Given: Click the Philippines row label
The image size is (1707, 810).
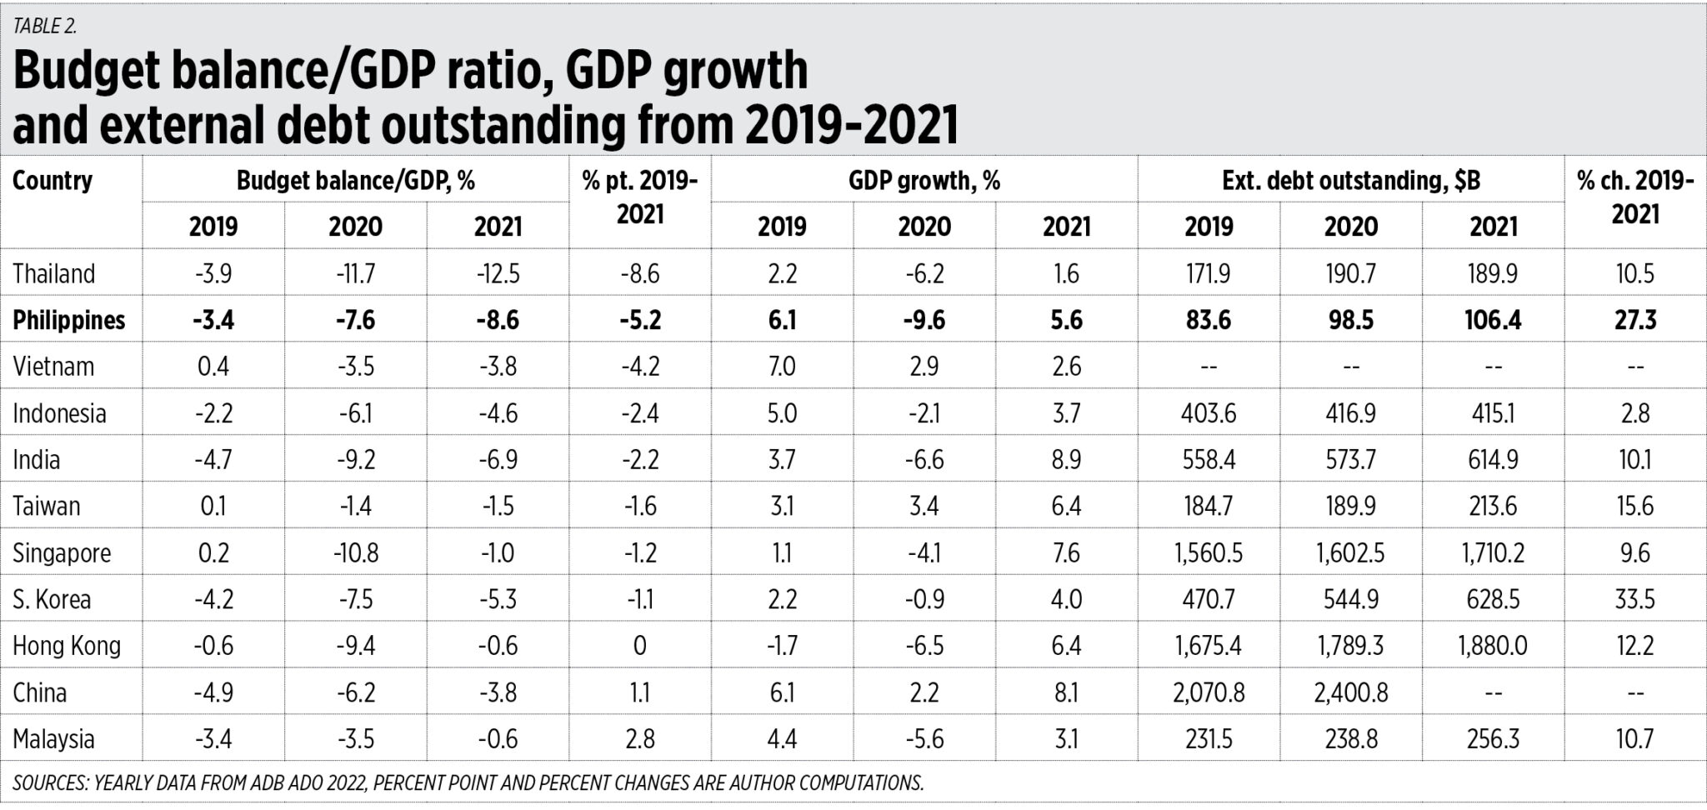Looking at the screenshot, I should click(x=68, y=321).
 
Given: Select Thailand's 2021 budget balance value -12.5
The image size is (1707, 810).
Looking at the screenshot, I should click(x=498, y=274).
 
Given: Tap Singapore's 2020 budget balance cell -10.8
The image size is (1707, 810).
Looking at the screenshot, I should click(x=355, y=553).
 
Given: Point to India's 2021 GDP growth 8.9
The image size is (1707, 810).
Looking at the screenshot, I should click(x=1066, y=460).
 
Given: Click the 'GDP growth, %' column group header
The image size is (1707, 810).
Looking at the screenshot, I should click(x=924, y=181).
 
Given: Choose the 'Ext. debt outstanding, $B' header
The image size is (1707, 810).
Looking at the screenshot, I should click(x=1350, y=181).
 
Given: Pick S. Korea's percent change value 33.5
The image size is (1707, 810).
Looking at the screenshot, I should click(x=1634, y=600).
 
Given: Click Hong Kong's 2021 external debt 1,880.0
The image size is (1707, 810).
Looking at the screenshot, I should click(x=1493, y=647).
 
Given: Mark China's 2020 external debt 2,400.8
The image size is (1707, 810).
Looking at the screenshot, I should click(x=1350, y=693).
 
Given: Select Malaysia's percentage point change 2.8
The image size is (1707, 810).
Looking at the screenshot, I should click(x=639, y=740).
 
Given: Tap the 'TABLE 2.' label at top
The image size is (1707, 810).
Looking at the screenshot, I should click(x=44, y=26).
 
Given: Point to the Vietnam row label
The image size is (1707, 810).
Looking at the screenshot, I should click(x=53, y=367).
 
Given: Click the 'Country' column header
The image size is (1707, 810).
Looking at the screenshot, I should click(x=52, y=181).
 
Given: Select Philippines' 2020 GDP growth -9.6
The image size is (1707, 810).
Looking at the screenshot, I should click(x=924, y=321).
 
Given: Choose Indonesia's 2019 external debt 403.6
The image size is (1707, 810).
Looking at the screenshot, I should click(x=1209, y=414).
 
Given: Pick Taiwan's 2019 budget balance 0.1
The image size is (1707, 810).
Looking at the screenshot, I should click(x=213, y=507).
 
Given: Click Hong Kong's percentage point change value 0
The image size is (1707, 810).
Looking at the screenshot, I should click(x=639, y=647).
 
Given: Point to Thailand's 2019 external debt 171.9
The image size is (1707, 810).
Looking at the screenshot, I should click(x=1209, y=274).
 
